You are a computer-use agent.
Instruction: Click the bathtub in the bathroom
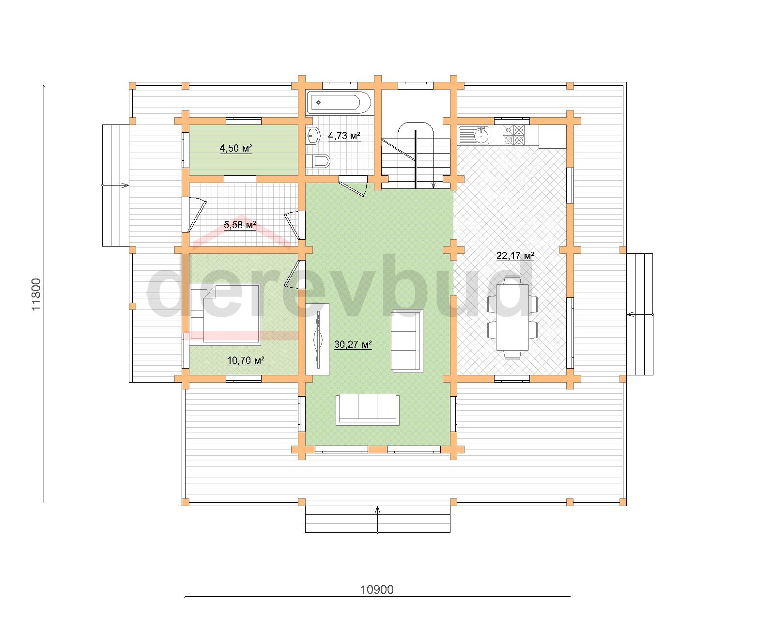point(339,103)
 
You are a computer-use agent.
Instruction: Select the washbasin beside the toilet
point(312,136)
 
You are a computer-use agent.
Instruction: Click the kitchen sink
point(474,135)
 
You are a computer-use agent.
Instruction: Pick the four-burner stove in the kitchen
point(513,135)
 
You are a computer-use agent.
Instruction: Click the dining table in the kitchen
point(512,317)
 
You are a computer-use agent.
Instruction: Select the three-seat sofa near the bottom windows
point(367,410)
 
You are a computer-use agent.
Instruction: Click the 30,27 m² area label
point(353,345)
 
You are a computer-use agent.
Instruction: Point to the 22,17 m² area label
point(515,256)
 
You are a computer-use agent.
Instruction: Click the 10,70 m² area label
point(246,360)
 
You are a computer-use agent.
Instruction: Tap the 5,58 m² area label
point(240,225)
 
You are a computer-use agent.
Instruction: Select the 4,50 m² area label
point(236,148)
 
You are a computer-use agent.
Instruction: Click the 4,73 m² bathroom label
point(344,136)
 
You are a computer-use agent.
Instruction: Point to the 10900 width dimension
point(377,590)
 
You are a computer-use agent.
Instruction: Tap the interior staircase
point(416,155)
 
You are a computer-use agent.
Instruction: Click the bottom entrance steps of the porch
point(378,519)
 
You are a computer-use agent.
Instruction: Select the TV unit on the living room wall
point(317,339)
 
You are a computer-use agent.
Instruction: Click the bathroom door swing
point(354,186)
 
